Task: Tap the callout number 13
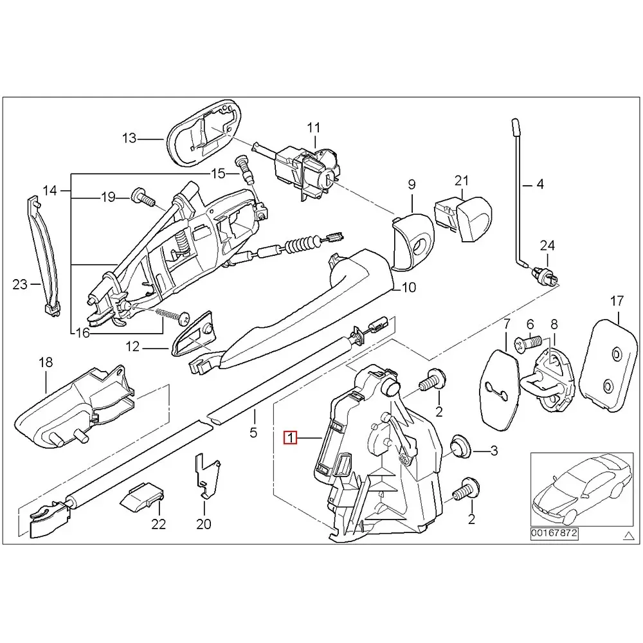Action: [129, 138]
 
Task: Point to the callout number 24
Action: [546, 245]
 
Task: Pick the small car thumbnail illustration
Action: [578, 488]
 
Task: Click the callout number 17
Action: [617, 300]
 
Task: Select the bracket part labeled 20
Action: [206, 475]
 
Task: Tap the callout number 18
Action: [45, 363]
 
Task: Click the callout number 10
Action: [409, 287]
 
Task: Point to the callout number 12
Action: [132, 347]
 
